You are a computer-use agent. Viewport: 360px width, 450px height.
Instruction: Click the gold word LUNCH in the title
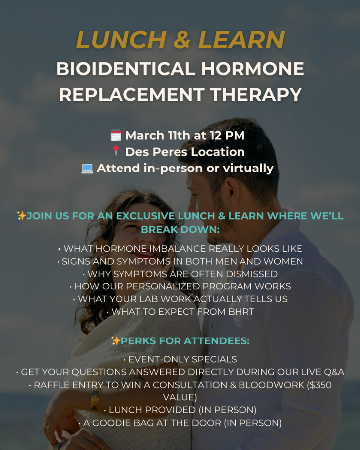(x=121, y=39)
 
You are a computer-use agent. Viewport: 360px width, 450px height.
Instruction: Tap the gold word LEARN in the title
(x=241, y=39)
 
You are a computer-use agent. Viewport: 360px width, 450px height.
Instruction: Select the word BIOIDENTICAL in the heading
(x=126, y=69)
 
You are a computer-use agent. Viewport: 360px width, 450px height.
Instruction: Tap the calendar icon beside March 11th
(x=116, y=135)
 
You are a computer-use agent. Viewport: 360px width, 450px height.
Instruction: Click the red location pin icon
(x=116, y=151)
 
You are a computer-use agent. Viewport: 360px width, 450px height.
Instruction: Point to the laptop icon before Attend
(x=87, y=169)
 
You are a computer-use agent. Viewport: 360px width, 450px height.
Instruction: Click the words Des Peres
(x=156, y=152)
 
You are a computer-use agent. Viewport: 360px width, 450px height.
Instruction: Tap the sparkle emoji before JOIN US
(x=21, y=215)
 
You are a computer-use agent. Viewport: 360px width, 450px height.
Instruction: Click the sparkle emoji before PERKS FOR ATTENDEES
(x=116, y=340)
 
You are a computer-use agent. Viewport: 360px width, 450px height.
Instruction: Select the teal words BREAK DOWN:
(x=180, y=229)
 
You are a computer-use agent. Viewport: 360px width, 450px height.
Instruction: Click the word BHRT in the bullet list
(x=241, y=312)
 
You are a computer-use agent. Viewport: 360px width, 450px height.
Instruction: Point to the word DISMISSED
(x=252, y=274)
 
